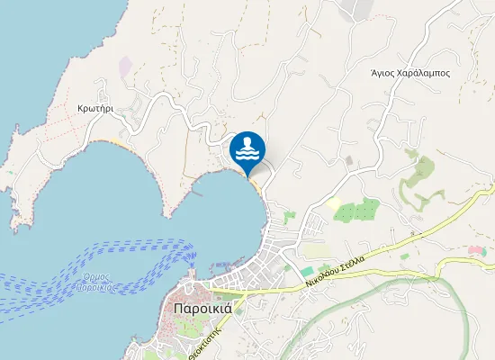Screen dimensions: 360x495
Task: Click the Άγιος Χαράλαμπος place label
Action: click(409, 73)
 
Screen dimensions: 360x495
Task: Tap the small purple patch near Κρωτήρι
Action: click(124, 66)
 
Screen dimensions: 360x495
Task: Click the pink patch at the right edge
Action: click(476, 249)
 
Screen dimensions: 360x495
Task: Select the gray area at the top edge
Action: click(356, 9)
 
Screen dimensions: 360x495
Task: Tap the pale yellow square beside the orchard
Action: click(335, 204)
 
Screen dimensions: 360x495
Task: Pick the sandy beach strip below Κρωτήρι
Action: click(117, 142)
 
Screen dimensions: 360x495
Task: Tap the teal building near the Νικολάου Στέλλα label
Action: click(308, 271)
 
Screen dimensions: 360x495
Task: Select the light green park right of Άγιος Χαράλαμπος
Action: click(418, 171)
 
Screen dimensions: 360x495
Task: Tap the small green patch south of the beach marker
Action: click(288, 217)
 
